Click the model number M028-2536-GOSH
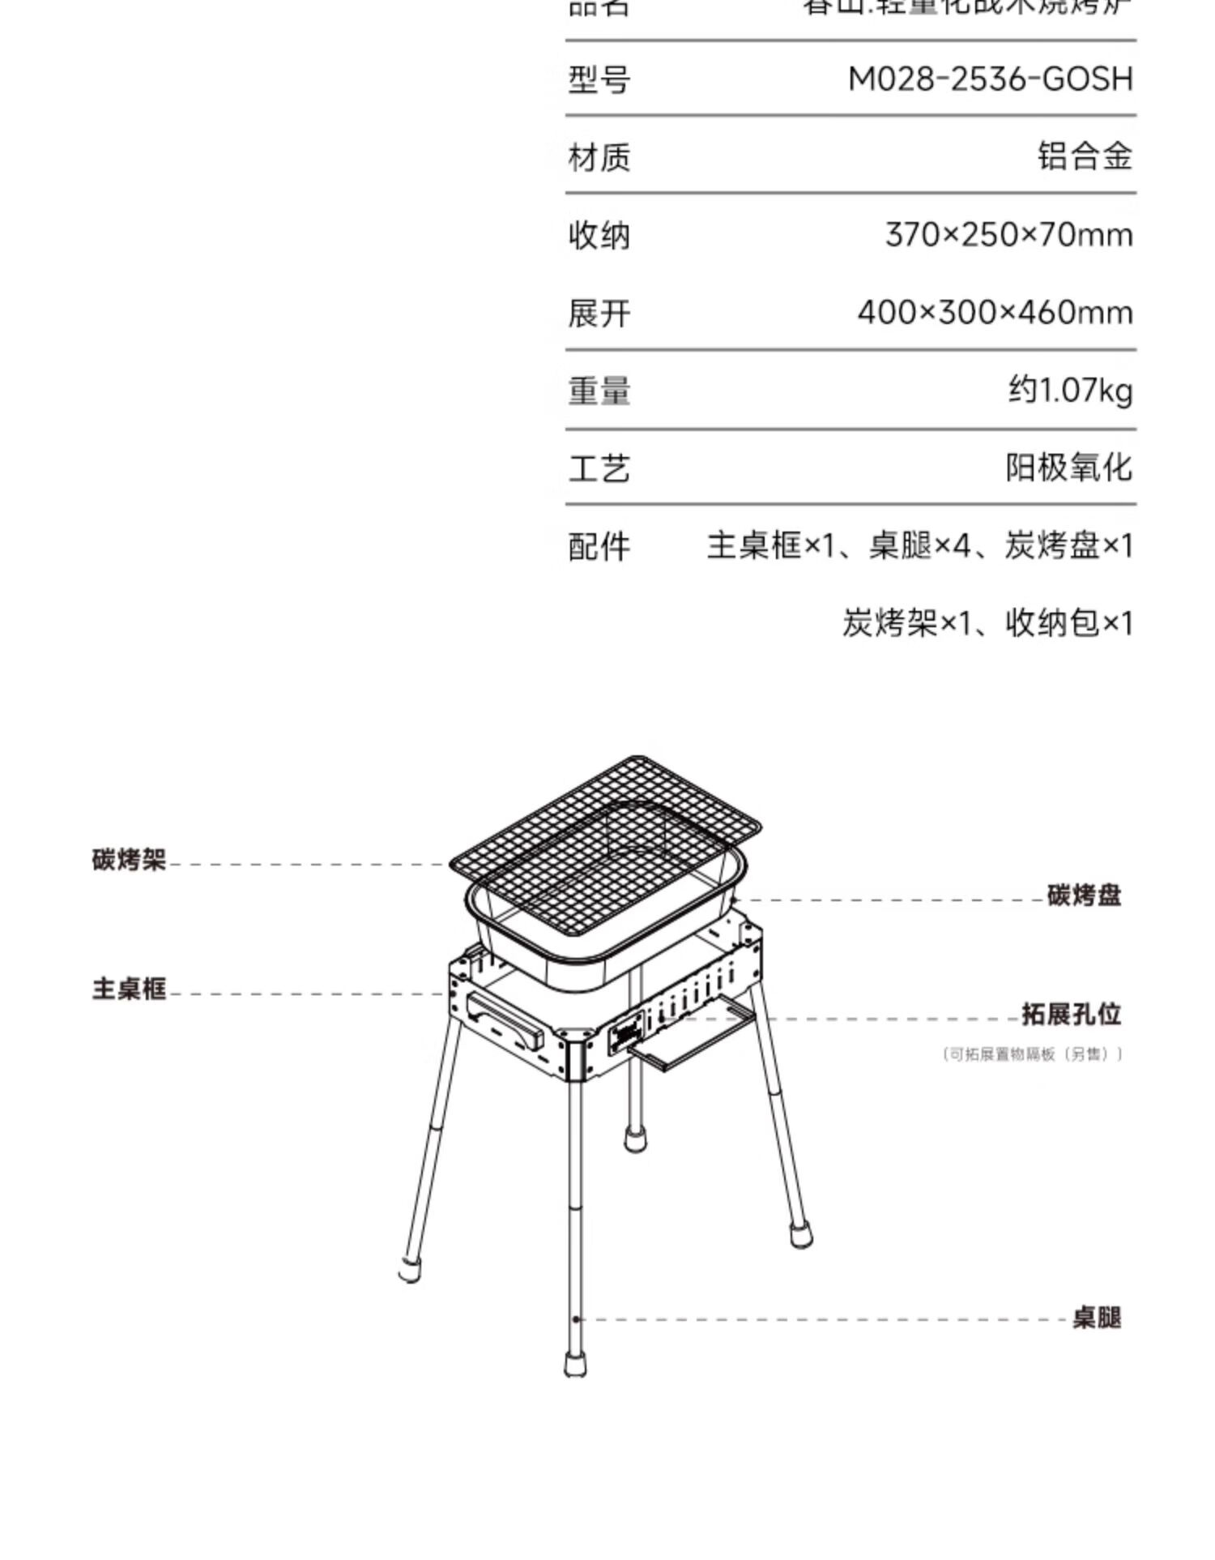(x=989, y=79)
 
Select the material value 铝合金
(x=1085, y=156)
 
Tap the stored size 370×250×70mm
(x=1008, y=235)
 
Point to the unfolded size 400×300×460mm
(x=995, y=313)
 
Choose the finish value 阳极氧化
(x=1068, y=468)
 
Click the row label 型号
(x=599, y=80)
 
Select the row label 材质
(x=599, y=157)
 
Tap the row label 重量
(x=599, y=391)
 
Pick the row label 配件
(x=599, y=547)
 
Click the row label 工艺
(x=599, y=469)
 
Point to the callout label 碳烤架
(x=129, y=860)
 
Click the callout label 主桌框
(x=129, y=989)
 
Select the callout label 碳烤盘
(x=1084, y=895)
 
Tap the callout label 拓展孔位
(x=1071, y=1015)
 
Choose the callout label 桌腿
(x=1097, y=1318)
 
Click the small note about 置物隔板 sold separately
(x=1033, y=1054)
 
